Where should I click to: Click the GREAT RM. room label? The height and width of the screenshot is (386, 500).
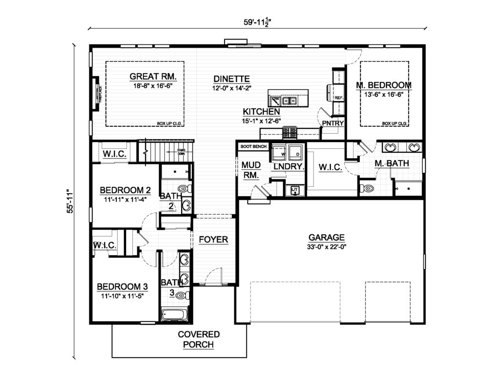pos(152,77)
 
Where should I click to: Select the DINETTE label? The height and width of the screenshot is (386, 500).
pos(231,79)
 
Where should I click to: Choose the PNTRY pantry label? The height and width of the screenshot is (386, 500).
pos(332,123)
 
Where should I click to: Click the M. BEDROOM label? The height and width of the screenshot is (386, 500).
pos(383,85)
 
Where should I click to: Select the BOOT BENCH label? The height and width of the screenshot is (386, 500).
pos(253,146)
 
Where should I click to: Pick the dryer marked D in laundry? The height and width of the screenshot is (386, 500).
pos(296,152)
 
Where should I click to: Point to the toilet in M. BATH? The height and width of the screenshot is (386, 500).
pos(367,187)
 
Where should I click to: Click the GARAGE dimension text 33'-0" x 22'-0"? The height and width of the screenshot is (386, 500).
pos(327,246)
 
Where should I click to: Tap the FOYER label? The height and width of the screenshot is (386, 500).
pos(213,240)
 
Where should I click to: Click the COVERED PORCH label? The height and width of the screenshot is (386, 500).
pos(198,340)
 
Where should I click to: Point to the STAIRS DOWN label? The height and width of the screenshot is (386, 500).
pos(181,152)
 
